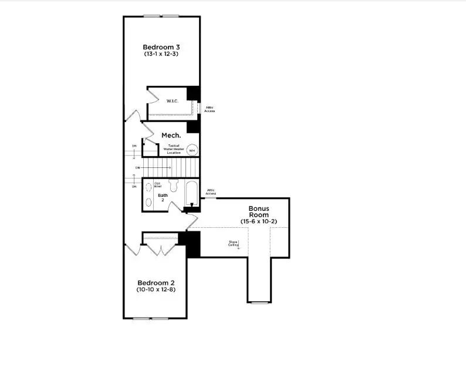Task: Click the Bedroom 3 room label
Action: click(161, 46)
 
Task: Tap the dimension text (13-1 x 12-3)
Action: click(161, 54)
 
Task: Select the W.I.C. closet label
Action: click(172, 101)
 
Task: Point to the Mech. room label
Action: click(171, 135)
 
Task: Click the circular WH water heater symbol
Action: click(191, 150)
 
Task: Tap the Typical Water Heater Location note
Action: click(174, 149)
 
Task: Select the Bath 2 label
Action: click(163, 197)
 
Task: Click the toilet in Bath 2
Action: click(173, 186)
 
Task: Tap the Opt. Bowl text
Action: click(158, 184)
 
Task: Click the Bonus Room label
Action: click(258, 211)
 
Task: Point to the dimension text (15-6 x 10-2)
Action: click(258, 221)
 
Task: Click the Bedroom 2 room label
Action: click(155, 282)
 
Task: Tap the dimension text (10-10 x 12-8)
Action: click(155, 290)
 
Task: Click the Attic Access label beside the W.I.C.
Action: click(210, 109)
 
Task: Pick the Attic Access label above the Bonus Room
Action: click(211, 191)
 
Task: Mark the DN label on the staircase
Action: click(137, 168)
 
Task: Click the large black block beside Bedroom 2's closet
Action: click(193, 244)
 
